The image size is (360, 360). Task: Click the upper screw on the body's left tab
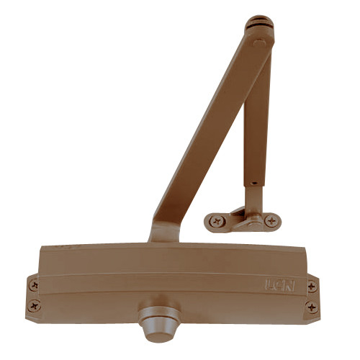click(x=33, y=285)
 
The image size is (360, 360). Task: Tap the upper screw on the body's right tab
click(x=312, y=286)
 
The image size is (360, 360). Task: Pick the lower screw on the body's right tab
click(x=311, y=307)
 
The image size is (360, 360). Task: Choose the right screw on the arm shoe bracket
click(x=271, y=222)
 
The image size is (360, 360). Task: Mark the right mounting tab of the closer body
click(x=311, y=297)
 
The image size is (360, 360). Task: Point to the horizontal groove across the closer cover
click(x=173, y=274)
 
